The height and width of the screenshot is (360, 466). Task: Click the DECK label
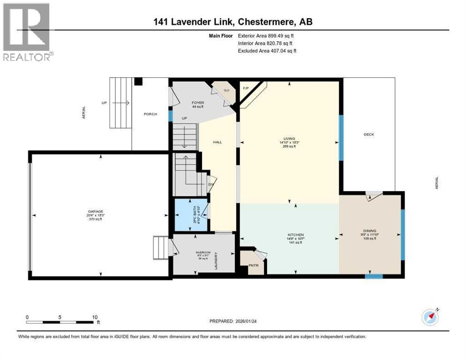point(368,135)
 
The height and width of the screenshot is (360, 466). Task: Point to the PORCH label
point(150,114)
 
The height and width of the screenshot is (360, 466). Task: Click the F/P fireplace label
point(245,88)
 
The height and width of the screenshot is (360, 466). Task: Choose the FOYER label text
point(197,102)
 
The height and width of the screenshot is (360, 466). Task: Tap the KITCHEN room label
point(296,235)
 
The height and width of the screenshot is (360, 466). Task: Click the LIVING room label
point(289,139)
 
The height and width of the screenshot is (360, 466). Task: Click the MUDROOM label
point(203,253)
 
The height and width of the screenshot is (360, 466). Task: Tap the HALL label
point(217,142)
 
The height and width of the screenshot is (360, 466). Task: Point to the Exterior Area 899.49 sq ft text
point(267,35)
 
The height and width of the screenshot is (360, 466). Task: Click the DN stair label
point(210,184)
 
